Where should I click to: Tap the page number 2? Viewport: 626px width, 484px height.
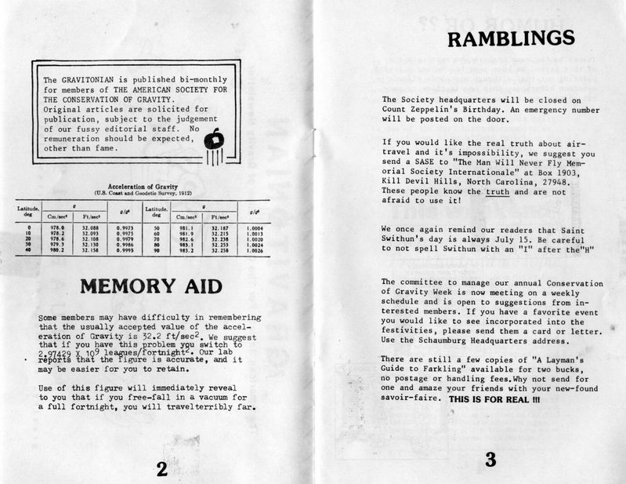(x=161, y=469)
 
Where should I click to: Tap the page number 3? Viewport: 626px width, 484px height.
(x=490, y=460)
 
